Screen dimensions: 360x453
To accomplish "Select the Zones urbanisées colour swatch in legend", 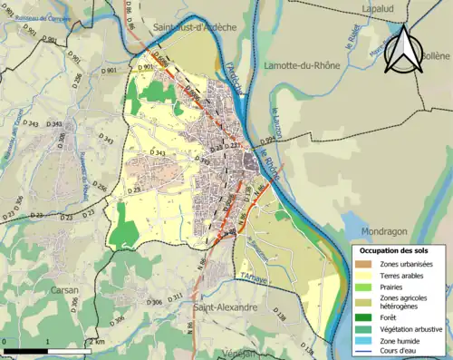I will point(364,264).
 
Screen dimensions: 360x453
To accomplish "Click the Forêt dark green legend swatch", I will point(364,316).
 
